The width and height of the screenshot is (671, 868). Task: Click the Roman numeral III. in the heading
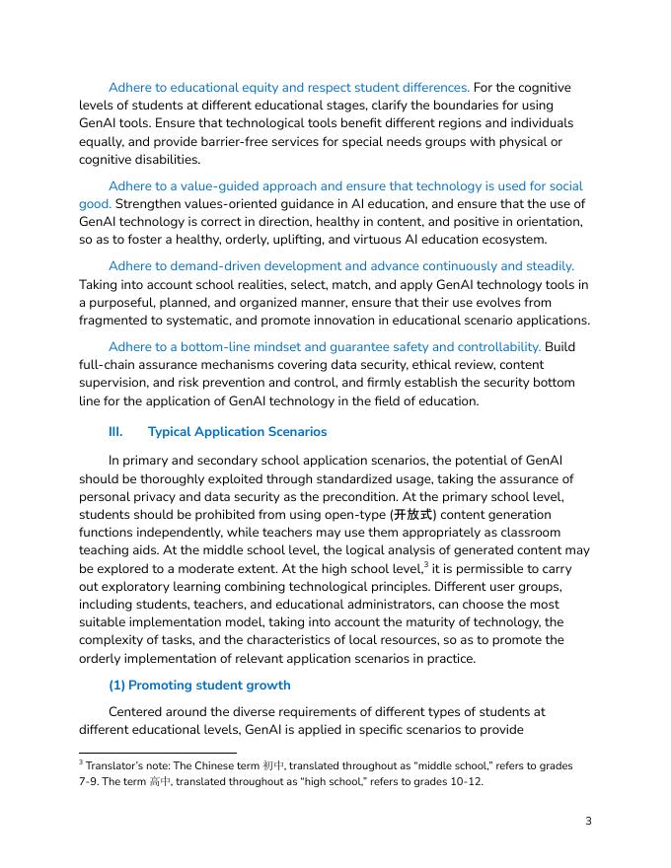(x=115, y=432)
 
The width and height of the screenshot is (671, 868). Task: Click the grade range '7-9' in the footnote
(x=88, y=782)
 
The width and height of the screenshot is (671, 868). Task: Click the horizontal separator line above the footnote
(x=158, y=753)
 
